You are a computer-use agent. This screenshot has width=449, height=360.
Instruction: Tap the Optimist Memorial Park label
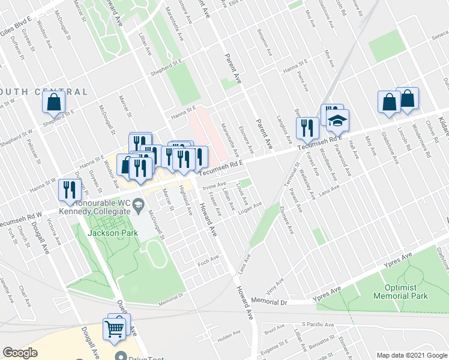click(400, 292)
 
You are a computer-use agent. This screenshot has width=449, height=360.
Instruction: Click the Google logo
click(20, 353)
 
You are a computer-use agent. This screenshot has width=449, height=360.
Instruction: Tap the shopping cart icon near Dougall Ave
click(114, 329)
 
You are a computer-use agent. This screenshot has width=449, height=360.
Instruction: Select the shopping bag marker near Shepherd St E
click(54, 104)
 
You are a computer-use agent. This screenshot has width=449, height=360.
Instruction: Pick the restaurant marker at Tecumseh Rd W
click(68, 190)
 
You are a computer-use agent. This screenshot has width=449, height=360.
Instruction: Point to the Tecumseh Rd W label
click(21, 218)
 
